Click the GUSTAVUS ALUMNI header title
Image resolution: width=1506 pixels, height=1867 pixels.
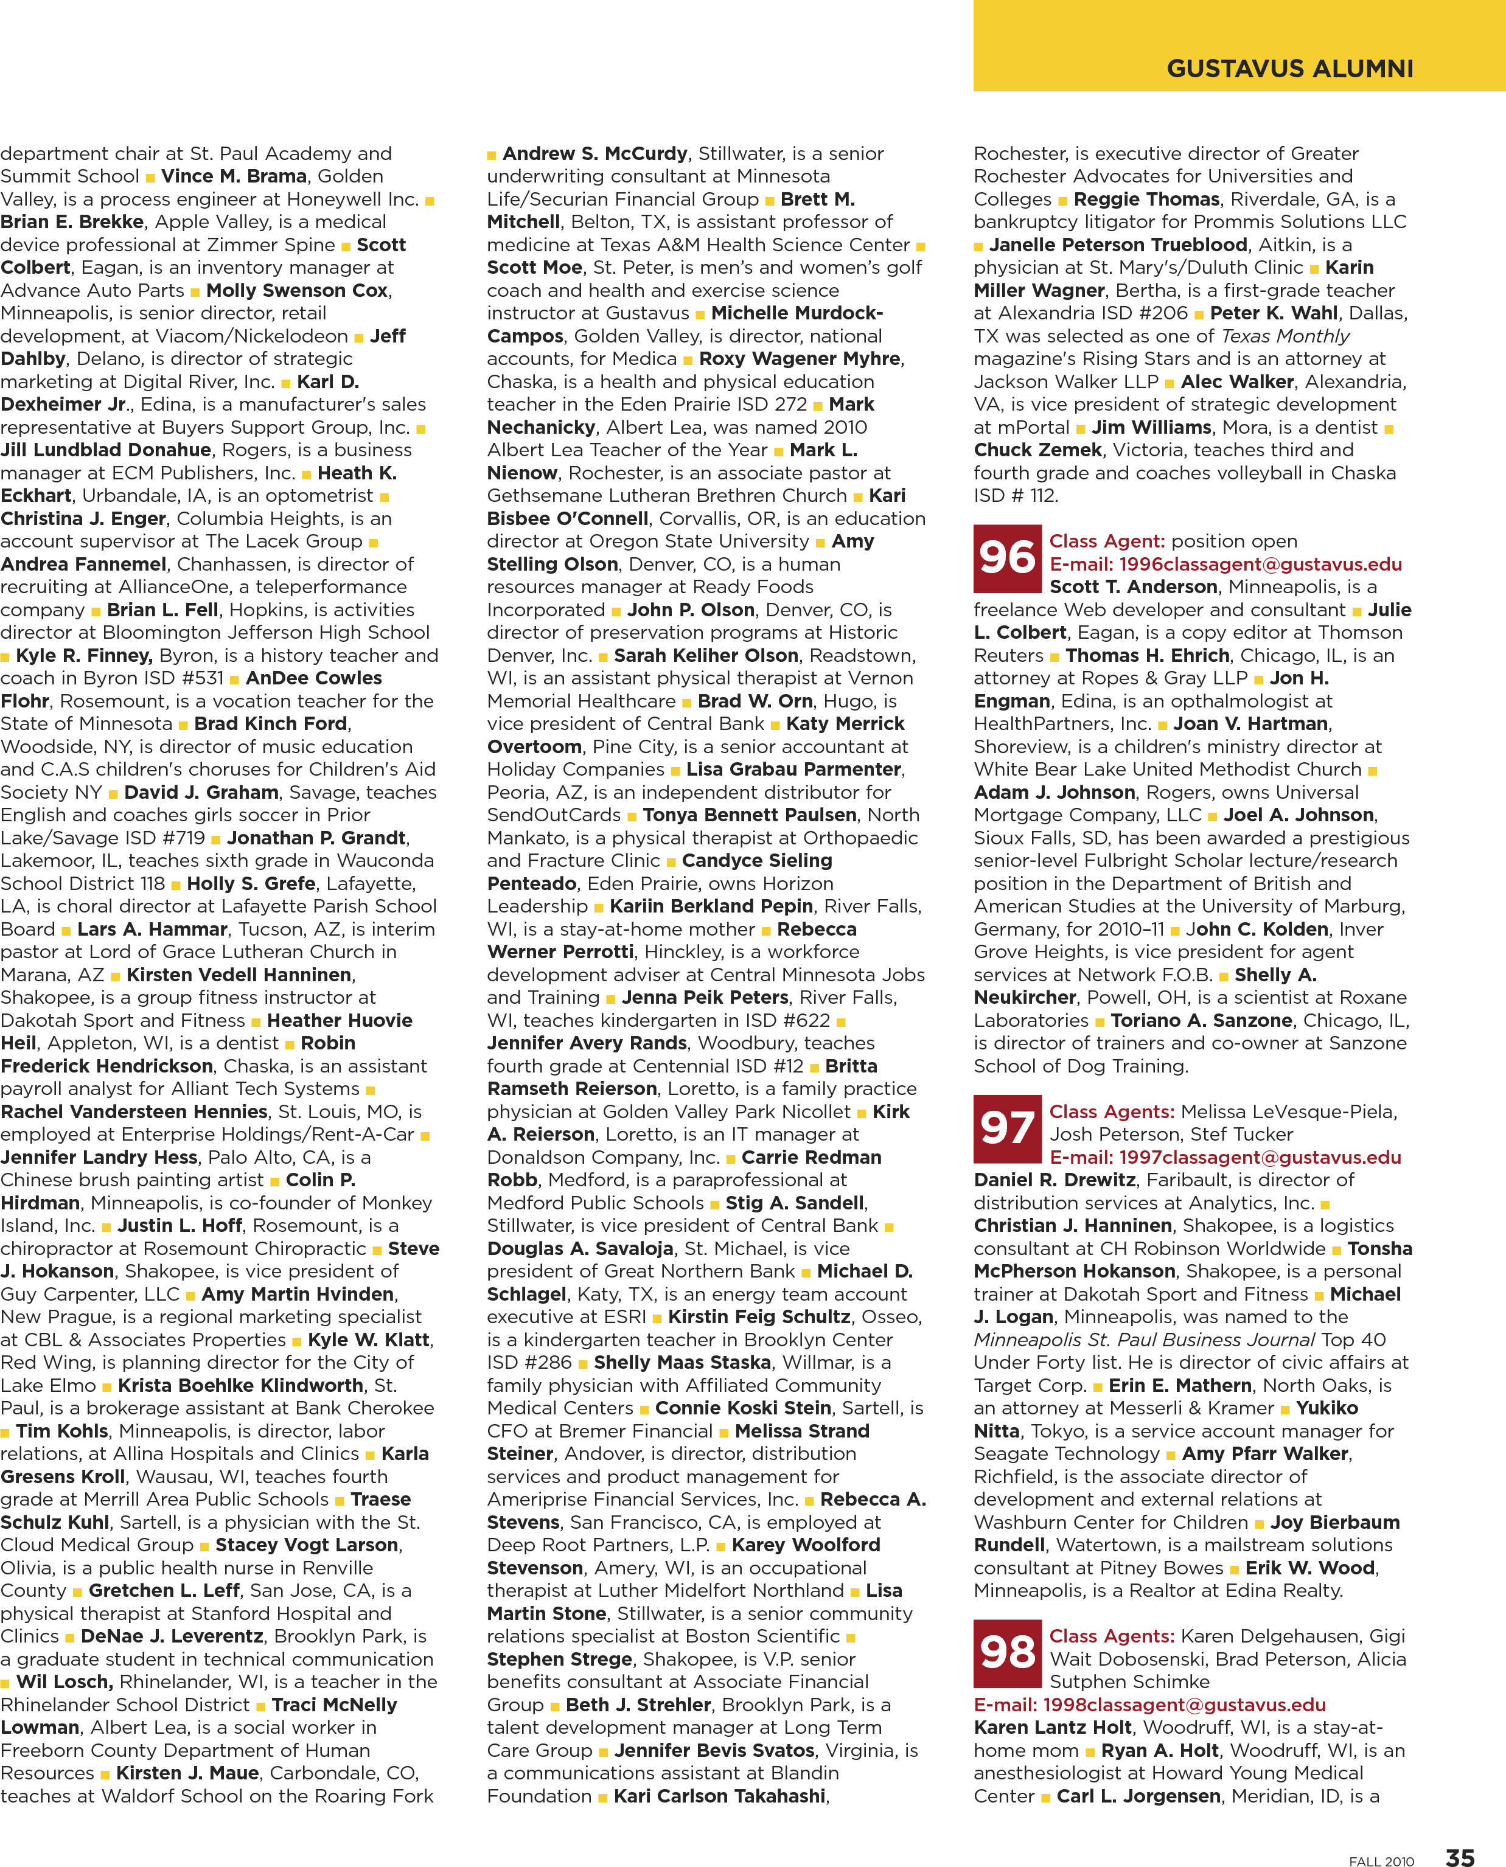click(1289, 69)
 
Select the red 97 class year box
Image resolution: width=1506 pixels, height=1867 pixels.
click(1006, 1128)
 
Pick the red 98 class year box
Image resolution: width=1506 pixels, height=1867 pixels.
click(1006, 1653)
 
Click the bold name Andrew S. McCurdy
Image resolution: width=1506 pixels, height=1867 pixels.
click(595, 153)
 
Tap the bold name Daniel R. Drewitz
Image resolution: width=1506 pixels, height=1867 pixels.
click(1054, 1180)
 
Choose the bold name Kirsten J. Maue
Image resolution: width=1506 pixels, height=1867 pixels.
click(187, 1773)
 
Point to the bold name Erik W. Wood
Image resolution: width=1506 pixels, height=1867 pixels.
click(1310, 1568)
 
